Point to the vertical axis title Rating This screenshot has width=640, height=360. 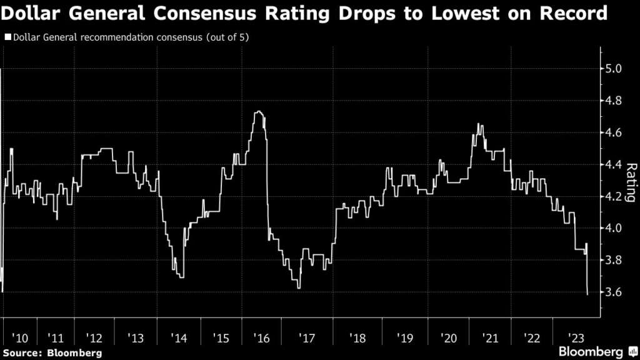(631, 182)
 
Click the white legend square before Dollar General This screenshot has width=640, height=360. (7, 37)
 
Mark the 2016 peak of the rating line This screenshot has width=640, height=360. (258, 112)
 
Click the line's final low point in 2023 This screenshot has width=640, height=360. (587, 294)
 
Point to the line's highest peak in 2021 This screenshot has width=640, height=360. (479, 124)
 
